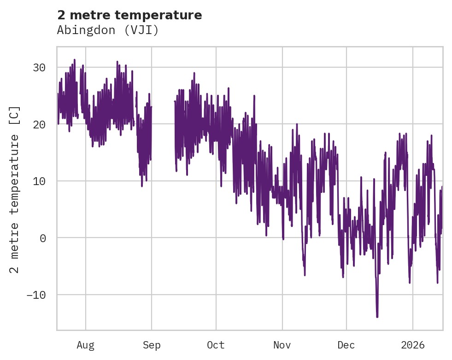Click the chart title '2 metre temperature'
(129, 15)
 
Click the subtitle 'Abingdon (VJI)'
(108, 30)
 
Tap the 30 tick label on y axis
(39, 68)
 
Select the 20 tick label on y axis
(39, 124)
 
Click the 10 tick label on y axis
(39, 181)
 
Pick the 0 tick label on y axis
(42, 238)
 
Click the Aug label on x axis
(85, 345)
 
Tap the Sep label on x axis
(152, 345)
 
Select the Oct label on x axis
(216, 345)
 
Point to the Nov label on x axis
(282, 345)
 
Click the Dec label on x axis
(346, 345)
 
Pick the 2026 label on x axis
(412, 345)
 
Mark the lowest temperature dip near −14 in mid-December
(377, 316)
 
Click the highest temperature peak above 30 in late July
(74, 60)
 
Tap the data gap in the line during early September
(163, 138)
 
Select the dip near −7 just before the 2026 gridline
(409, 282)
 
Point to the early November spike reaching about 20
(297, 124)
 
